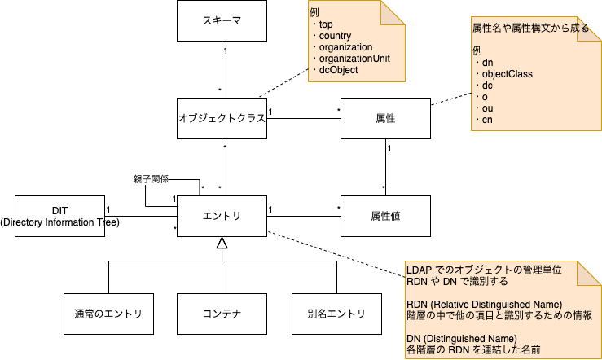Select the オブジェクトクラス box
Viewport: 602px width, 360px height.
222,119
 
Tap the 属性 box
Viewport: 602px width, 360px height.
385,119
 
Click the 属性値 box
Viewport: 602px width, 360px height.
385,216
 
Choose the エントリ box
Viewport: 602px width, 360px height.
222,216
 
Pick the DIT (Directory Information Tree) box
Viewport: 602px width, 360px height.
59,216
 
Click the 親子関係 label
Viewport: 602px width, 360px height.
152,179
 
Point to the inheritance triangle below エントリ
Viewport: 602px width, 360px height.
222,243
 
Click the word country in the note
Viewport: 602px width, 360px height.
336,36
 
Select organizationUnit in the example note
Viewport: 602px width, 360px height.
354,59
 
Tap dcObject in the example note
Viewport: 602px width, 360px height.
338,70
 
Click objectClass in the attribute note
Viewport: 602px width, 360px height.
507,74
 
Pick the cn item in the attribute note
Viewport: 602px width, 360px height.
487,120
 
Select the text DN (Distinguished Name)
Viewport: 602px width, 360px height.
462,338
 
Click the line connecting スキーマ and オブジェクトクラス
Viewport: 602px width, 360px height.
222,71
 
